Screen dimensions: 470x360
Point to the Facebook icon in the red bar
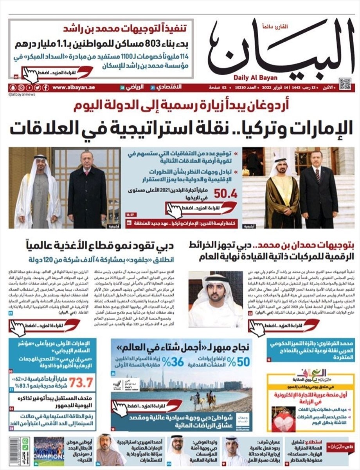point(46,87)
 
